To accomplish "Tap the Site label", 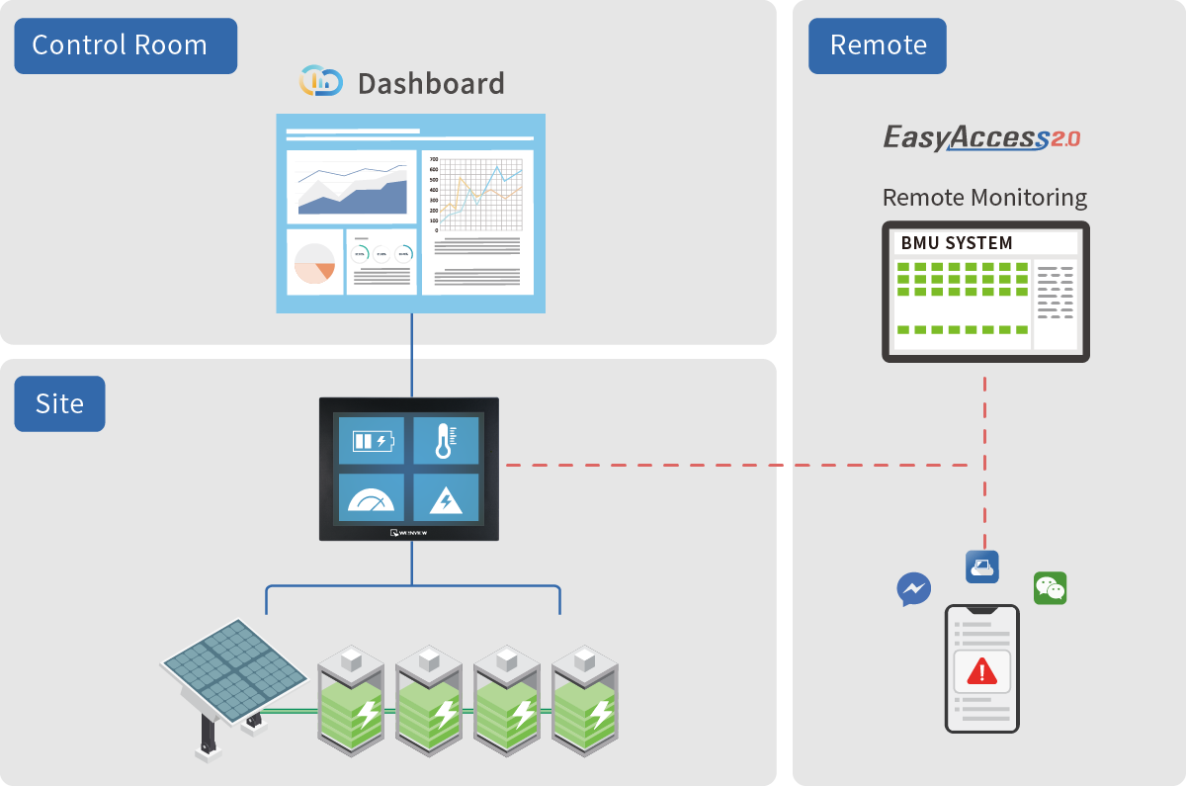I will pos(59,403).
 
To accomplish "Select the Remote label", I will pos(878,45).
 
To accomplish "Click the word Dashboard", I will pos(431,84).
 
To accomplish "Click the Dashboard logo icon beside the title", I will pos(320,81).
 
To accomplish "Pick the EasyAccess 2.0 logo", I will pos(980,137).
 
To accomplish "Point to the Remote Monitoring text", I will pos(984,198).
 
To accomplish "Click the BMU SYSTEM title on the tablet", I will pos(957,243).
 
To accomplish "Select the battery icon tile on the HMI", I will pos(372,440).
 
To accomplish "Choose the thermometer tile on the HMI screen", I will pos(446,440).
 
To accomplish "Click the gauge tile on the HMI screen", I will pos(372,498).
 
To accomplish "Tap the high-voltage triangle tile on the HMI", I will pos(446,498).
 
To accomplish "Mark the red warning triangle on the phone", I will pos(981,672).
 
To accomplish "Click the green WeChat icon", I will pos(1050,588).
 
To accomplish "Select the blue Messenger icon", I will pos(913,589).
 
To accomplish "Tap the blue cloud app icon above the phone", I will pos(982,567).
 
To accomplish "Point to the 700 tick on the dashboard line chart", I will pos(434,159).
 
